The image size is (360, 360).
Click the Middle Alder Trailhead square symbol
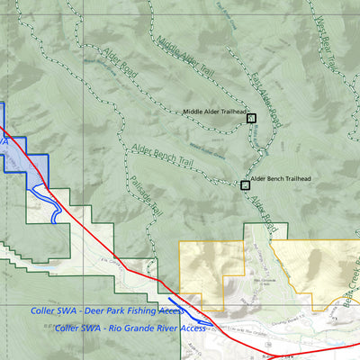click(x=252, y=118)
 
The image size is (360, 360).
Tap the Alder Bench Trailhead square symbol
click(x=245, y=185)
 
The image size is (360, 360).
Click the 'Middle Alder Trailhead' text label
click(x=213, y=112)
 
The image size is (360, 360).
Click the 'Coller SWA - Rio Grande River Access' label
click(x=130, y=328)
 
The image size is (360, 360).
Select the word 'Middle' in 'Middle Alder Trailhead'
click(x=193, y=112)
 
